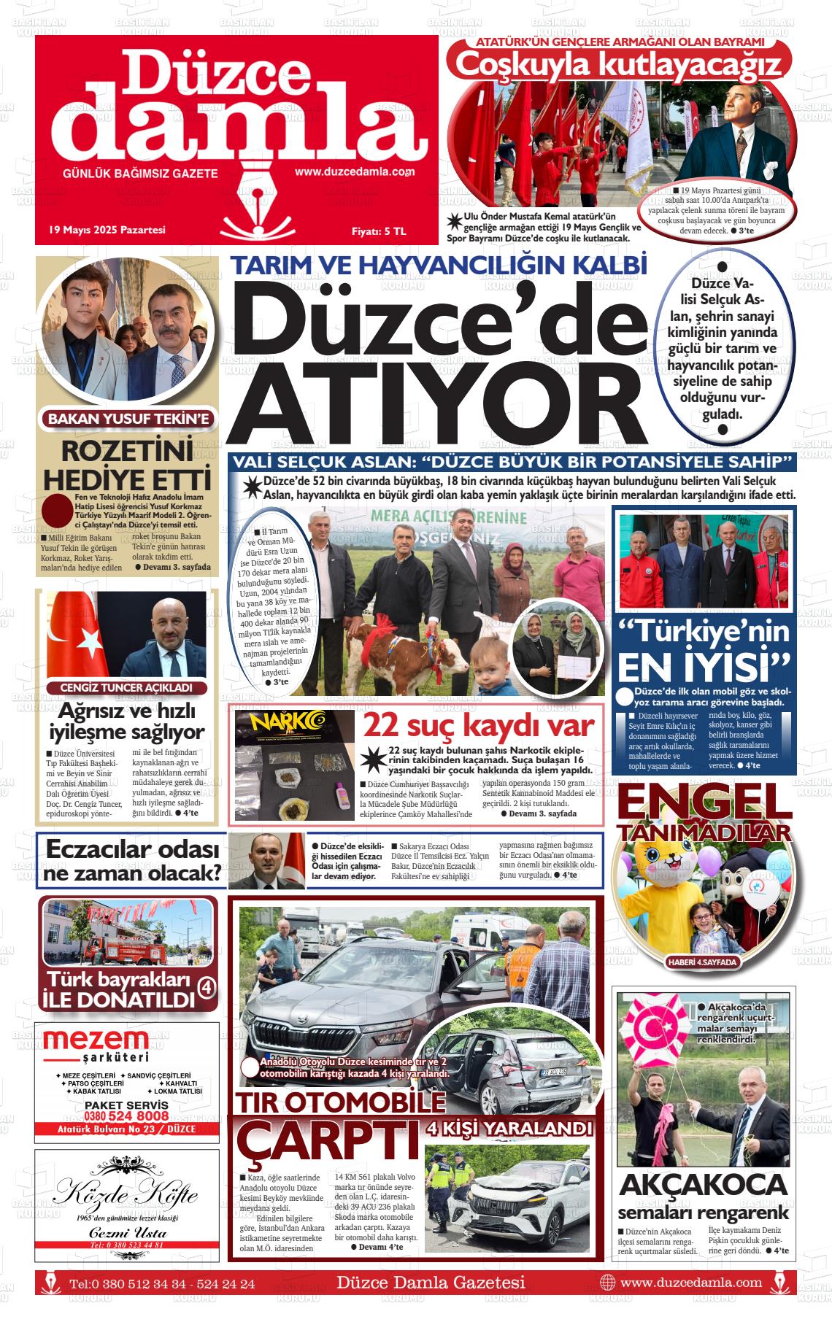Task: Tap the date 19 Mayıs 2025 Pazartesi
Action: pos(107,230)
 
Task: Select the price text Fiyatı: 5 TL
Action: pos(379,231)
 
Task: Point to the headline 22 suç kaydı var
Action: pos(479,725)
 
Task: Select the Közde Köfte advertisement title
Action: pos(126,1194)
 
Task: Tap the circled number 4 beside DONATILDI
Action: pos(207,987)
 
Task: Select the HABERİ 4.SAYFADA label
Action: pos(702,962)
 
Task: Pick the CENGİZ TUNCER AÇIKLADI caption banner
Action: pos(126,688)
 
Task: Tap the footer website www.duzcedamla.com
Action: pos(690,1282)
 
